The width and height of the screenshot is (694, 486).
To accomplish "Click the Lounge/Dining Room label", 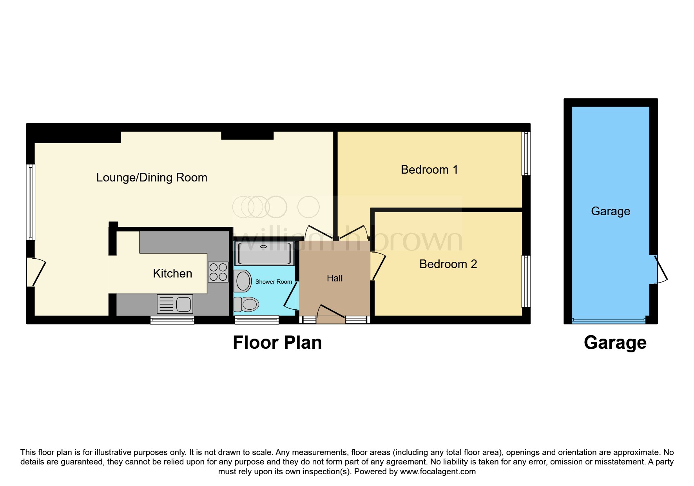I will tap(152, 178).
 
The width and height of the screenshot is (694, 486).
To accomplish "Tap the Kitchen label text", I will tap(172, 273).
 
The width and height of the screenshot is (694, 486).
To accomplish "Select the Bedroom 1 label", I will tap(429, 170).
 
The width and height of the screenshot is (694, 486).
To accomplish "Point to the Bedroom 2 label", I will tap(448, 264).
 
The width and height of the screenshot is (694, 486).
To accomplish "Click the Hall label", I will tap(335, 278).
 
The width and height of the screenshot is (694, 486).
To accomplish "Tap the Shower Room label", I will tap(273, 282).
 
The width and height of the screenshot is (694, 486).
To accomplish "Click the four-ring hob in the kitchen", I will tap(218, 272).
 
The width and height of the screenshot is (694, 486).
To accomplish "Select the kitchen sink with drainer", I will tap(175, 304).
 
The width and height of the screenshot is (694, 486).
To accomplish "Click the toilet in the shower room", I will tap(246, 304).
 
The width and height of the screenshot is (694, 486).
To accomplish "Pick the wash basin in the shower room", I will tap(243, 281).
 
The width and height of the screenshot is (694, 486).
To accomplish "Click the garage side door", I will tap(661, 270).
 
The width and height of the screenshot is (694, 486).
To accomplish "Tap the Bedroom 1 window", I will tap(527, 153).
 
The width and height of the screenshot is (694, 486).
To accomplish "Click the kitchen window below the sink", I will tap(172, 320).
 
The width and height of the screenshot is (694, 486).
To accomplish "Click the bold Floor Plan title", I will tap(277, 343).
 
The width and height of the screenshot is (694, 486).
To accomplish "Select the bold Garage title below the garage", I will tap(615, 343).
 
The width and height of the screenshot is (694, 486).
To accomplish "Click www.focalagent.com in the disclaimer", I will tap(437, 471).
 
